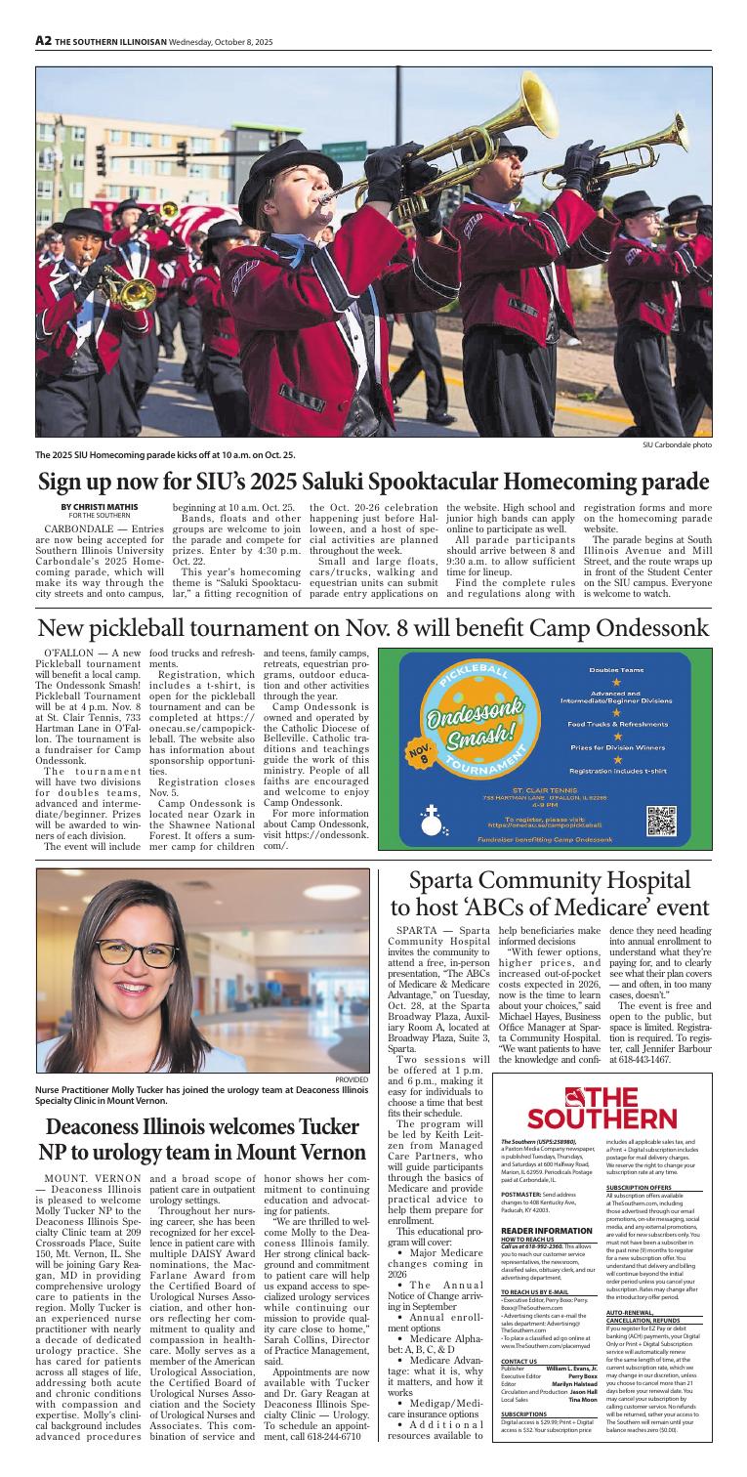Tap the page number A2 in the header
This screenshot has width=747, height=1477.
(x=43, y=42)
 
